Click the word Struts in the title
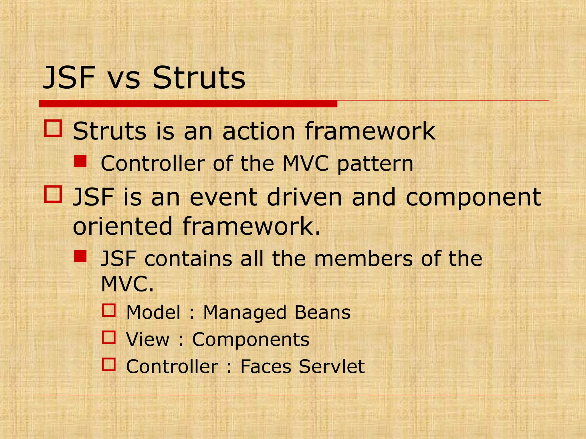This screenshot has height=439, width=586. pos(199,78)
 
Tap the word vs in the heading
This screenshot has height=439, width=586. pos(124,78)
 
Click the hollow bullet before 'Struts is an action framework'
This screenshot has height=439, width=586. pos(53,128)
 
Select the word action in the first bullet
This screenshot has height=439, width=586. pos(258,131)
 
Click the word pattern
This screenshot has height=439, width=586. pos(375,164)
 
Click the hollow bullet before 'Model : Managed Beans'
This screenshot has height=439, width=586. pos(109,310)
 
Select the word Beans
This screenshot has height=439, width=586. pos(322,312)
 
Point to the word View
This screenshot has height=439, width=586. pos(148,340)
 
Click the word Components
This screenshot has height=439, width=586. pos(251,340)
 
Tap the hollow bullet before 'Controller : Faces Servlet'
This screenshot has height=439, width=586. pos(109,364)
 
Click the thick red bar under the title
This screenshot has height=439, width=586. pos(188,104)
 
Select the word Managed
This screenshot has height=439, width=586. pos(244,312)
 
